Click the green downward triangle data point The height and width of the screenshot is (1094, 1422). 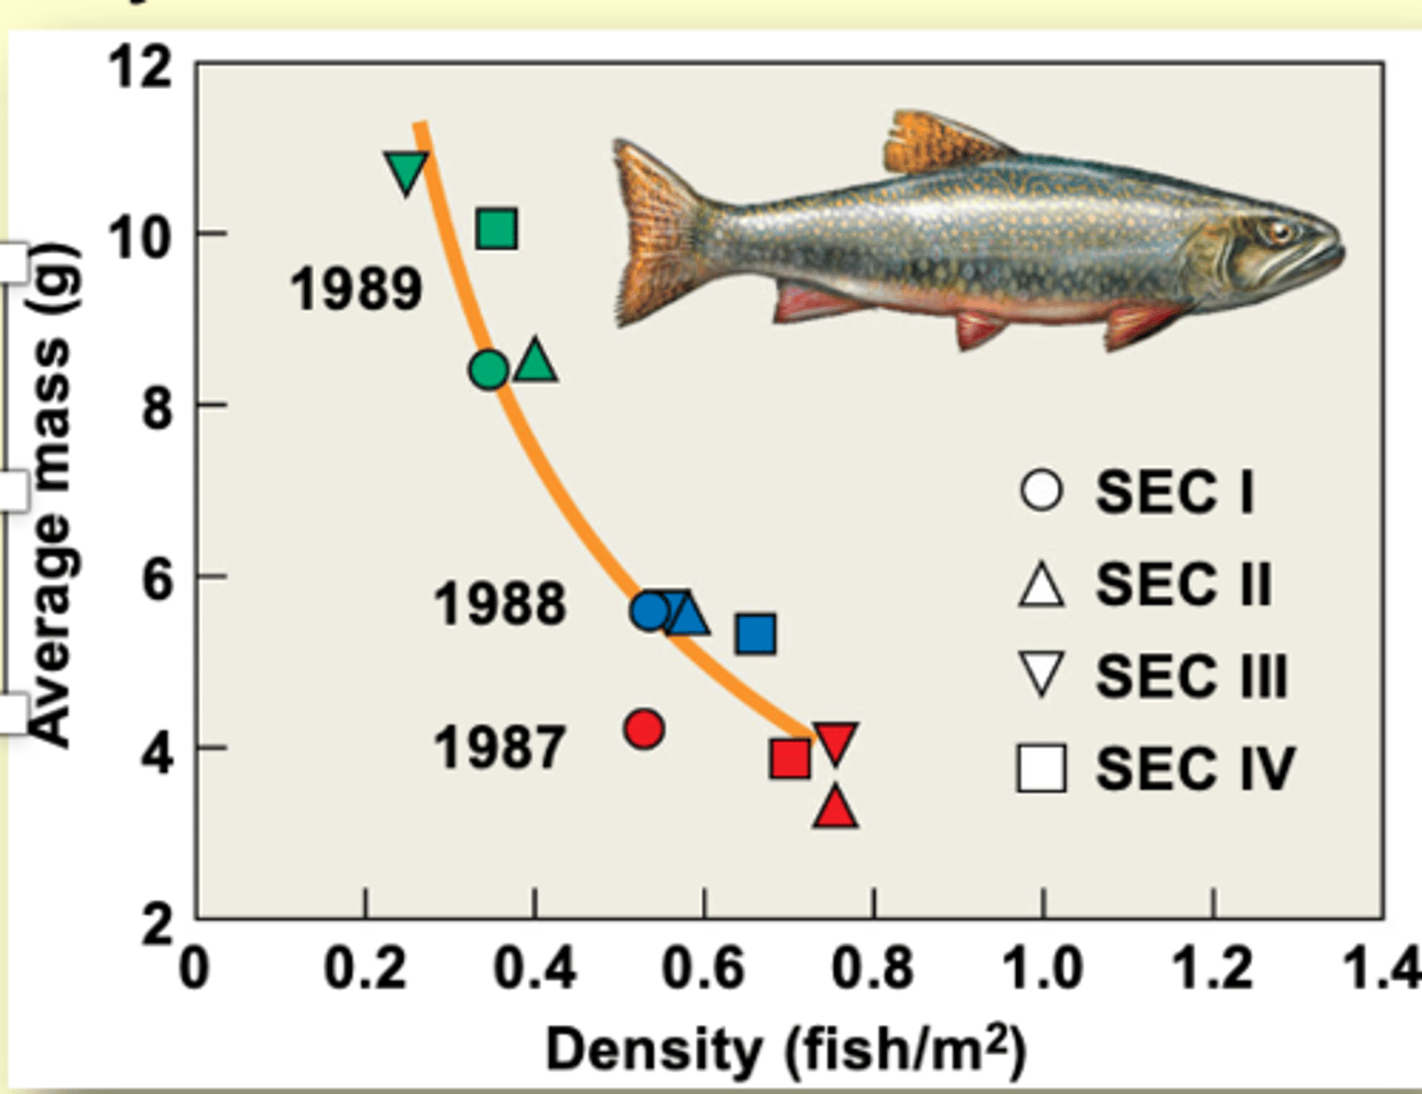point(406,172)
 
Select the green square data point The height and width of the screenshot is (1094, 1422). point(497,229)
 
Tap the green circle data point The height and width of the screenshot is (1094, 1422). point(488,370)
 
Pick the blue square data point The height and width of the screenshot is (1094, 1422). point(755,634)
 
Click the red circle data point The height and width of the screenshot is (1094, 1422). point(644,730)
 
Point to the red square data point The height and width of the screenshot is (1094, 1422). point(790,759)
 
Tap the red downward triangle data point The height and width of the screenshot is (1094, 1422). point(835,742)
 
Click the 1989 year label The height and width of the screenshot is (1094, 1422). point(356,290)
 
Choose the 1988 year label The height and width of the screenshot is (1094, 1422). point(500,604)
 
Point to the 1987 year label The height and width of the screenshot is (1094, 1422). point(500,748)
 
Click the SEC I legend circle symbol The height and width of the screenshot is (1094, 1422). point(1041,491)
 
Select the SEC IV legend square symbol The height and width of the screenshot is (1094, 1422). point(1041,769)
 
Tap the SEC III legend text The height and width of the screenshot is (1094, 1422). point(1191,677)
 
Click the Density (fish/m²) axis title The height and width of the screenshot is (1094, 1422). point(785,1051)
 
